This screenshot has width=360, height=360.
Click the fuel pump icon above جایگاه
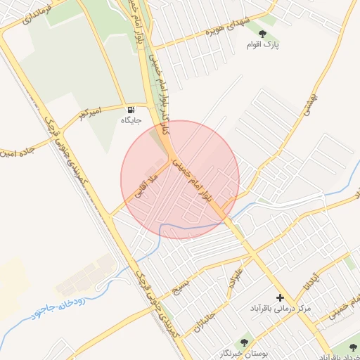click(131, 110)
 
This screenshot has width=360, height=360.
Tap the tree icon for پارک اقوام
click(262, 33)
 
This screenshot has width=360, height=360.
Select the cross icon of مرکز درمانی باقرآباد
click(280, 298)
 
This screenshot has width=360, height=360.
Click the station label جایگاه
click(131, 120)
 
